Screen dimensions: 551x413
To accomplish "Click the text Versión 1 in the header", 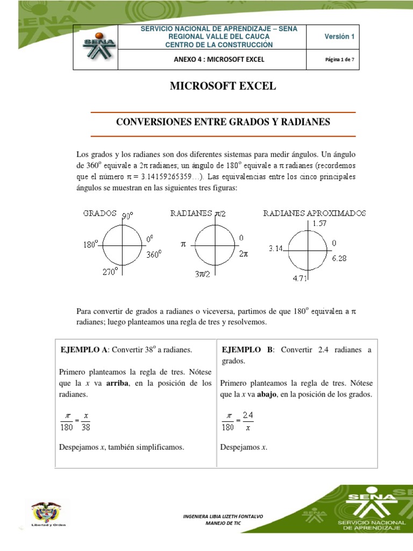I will coord(339,37).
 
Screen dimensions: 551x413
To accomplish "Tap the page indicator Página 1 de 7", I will coord(339,59).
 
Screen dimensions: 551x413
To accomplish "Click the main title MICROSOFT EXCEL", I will coord(206,86).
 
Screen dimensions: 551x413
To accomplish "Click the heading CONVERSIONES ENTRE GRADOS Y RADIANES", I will coord(223,123).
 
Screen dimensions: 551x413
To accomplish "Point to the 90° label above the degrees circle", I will coord(127,216).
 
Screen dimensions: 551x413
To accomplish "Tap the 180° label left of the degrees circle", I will coord(90,244).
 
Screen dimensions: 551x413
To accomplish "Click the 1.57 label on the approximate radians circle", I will coord(319,222).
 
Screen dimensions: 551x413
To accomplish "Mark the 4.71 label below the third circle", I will coord(300,279).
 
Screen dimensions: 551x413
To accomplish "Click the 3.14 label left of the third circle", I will coord(277,248).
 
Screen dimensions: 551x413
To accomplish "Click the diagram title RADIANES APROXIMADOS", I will coord(314,213).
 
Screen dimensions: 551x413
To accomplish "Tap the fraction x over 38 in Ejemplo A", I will coord(86,422).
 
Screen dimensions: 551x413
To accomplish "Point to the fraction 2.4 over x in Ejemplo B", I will coord(247,422).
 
